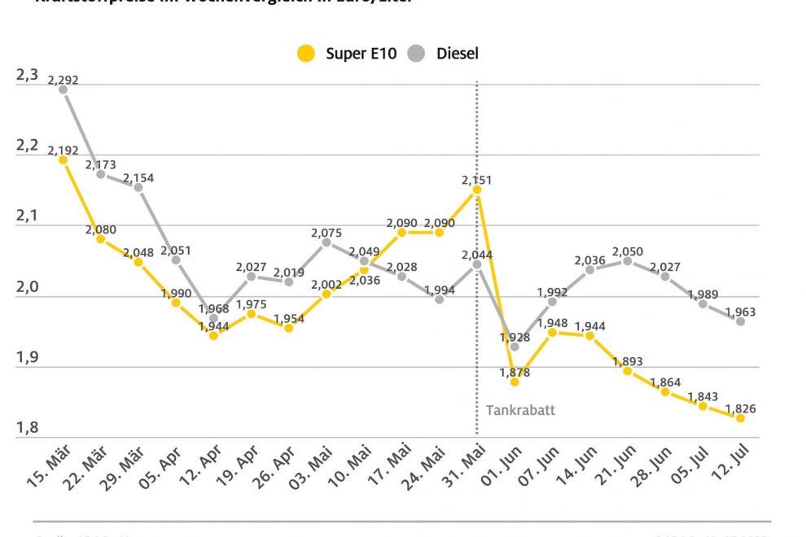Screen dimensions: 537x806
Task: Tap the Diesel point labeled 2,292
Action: tap(63, 89)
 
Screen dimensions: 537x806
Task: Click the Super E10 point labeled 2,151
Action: tap(477, 190)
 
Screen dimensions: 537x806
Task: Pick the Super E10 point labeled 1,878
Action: tap(515, 382)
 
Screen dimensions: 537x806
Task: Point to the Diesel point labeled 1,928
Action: tap(515, 347)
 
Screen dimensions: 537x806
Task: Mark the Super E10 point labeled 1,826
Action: tap(740, 418)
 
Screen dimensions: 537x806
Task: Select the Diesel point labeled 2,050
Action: tap(628, 261)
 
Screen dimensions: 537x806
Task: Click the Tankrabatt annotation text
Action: tap(520, 410)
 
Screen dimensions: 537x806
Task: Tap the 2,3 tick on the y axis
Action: tap(27, 76)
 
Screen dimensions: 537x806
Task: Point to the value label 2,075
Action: tap(326, 234)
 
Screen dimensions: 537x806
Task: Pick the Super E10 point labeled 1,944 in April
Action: tap(213, 335)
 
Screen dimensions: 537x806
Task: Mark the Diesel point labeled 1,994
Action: tap(440, 299)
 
